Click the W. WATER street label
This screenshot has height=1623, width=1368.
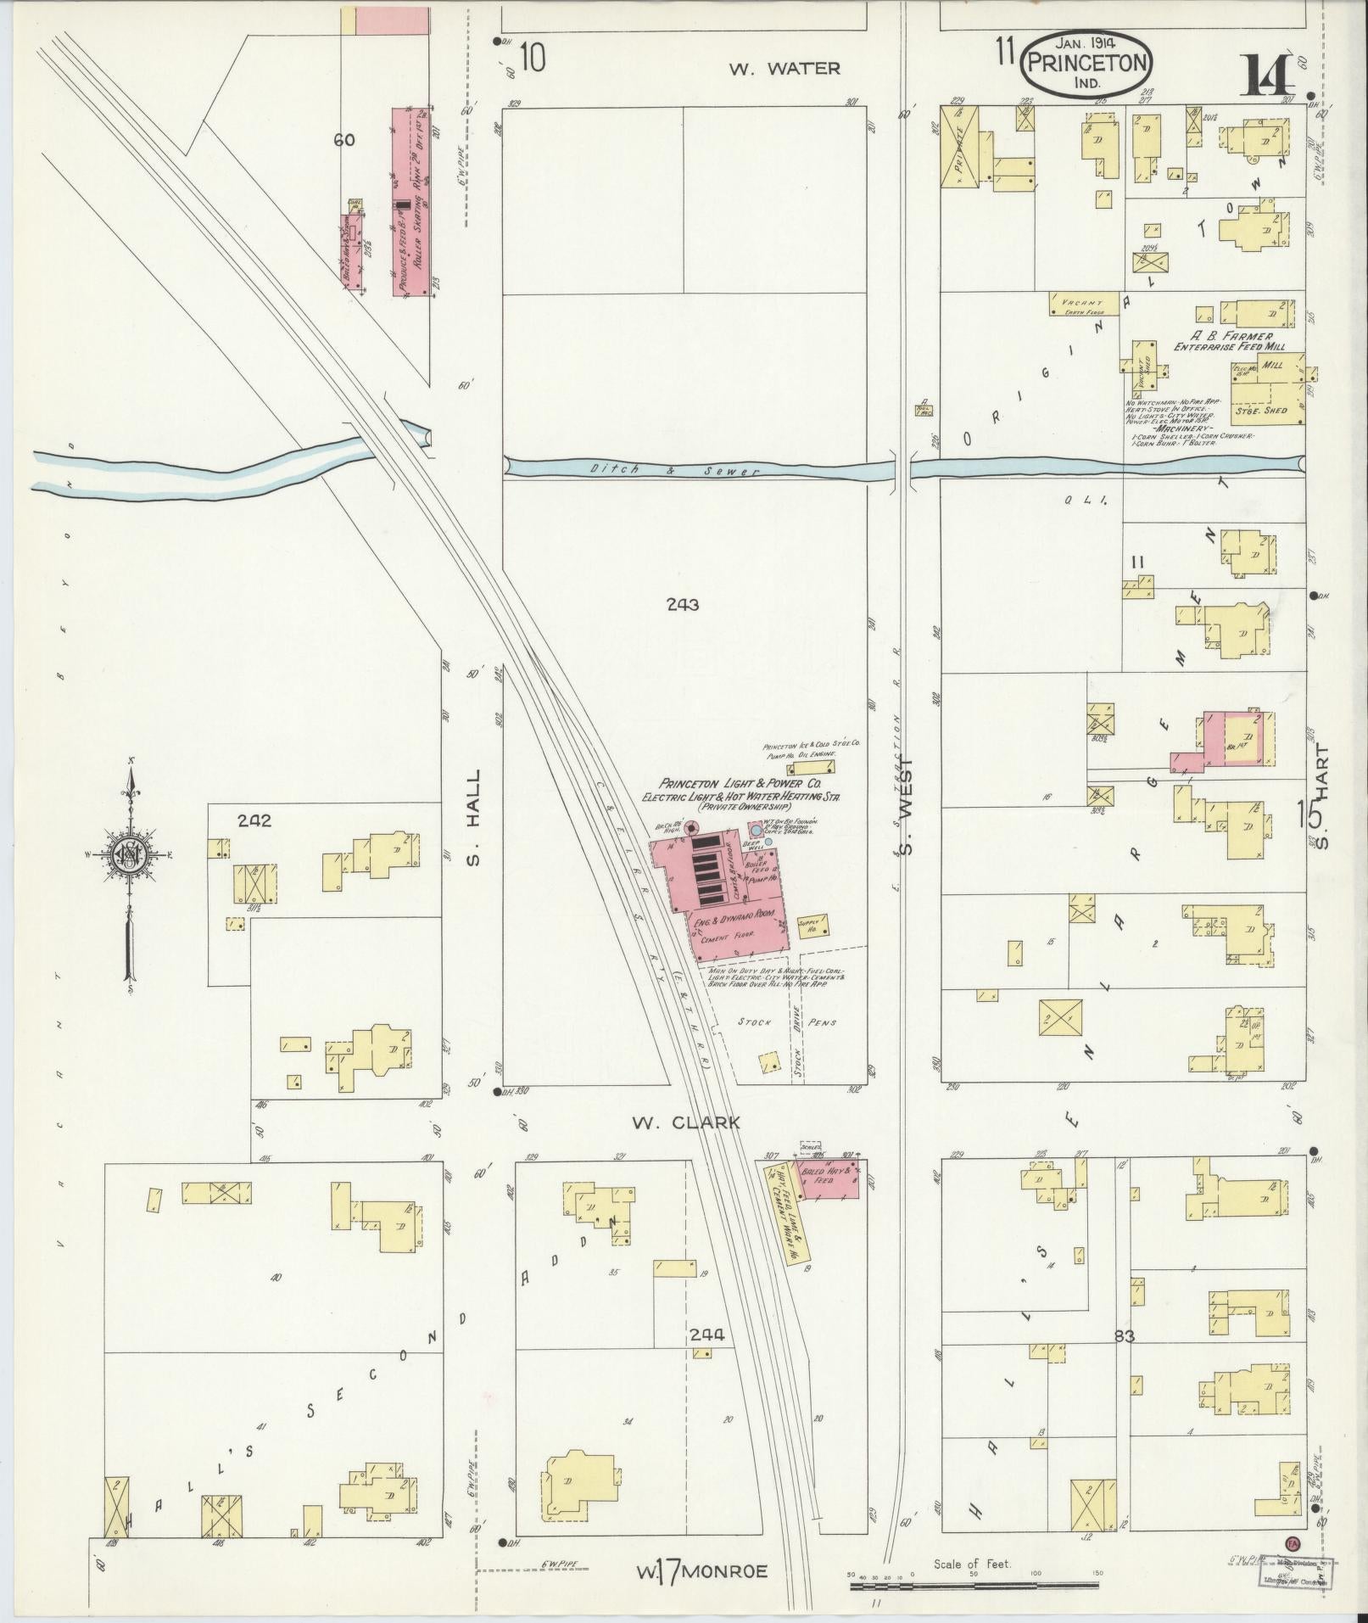point(785,68)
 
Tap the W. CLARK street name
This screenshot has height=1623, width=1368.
point(686,1122)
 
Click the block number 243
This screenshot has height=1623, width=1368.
point(682,605)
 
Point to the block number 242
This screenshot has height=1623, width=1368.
point(254,820)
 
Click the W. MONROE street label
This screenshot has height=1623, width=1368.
point(702,1572)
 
